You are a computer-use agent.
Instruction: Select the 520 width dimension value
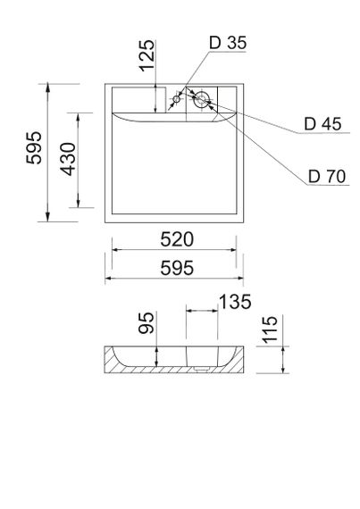pos(173,239)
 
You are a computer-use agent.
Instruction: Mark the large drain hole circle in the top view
pos(203,97)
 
